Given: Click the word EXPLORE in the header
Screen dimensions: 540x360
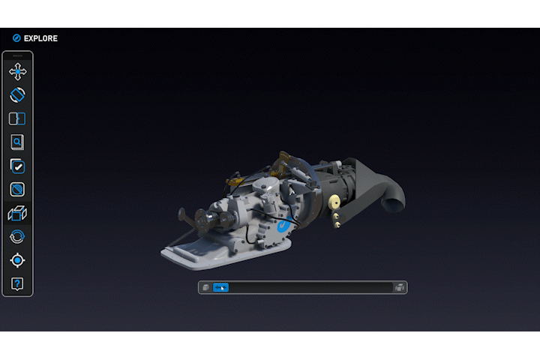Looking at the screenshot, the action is pos(40,38).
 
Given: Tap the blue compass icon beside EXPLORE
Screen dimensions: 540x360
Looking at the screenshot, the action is pos(16,38).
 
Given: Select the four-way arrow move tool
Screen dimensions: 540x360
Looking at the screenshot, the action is pos(17,72).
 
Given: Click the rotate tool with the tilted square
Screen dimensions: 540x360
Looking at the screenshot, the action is pos(17,95).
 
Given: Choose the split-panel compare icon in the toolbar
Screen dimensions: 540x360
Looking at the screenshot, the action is pos(17,118).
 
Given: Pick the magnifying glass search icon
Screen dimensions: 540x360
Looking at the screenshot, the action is pos(17,142).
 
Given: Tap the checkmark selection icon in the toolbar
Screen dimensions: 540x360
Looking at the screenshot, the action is pos(17,166).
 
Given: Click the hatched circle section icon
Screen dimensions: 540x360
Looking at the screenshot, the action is pos(17,190).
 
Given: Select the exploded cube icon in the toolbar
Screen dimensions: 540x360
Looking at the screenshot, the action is pos(17,214).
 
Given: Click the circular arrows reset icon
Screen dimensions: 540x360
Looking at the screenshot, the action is pos(17,237).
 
